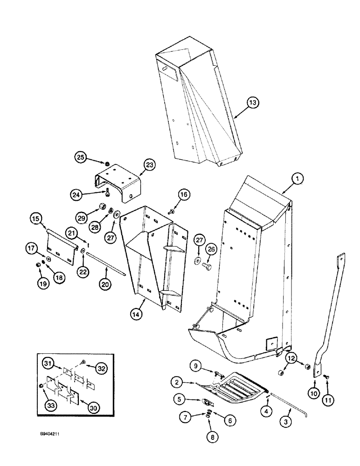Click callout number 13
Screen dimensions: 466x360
click(252, 103)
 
